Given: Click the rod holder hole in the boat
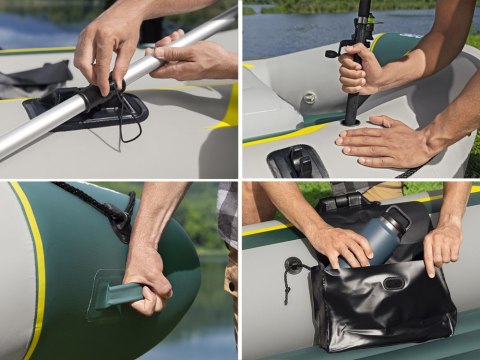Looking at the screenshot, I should [x=351, y=123].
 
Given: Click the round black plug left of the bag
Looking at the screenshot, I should [x=292, y=266].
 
